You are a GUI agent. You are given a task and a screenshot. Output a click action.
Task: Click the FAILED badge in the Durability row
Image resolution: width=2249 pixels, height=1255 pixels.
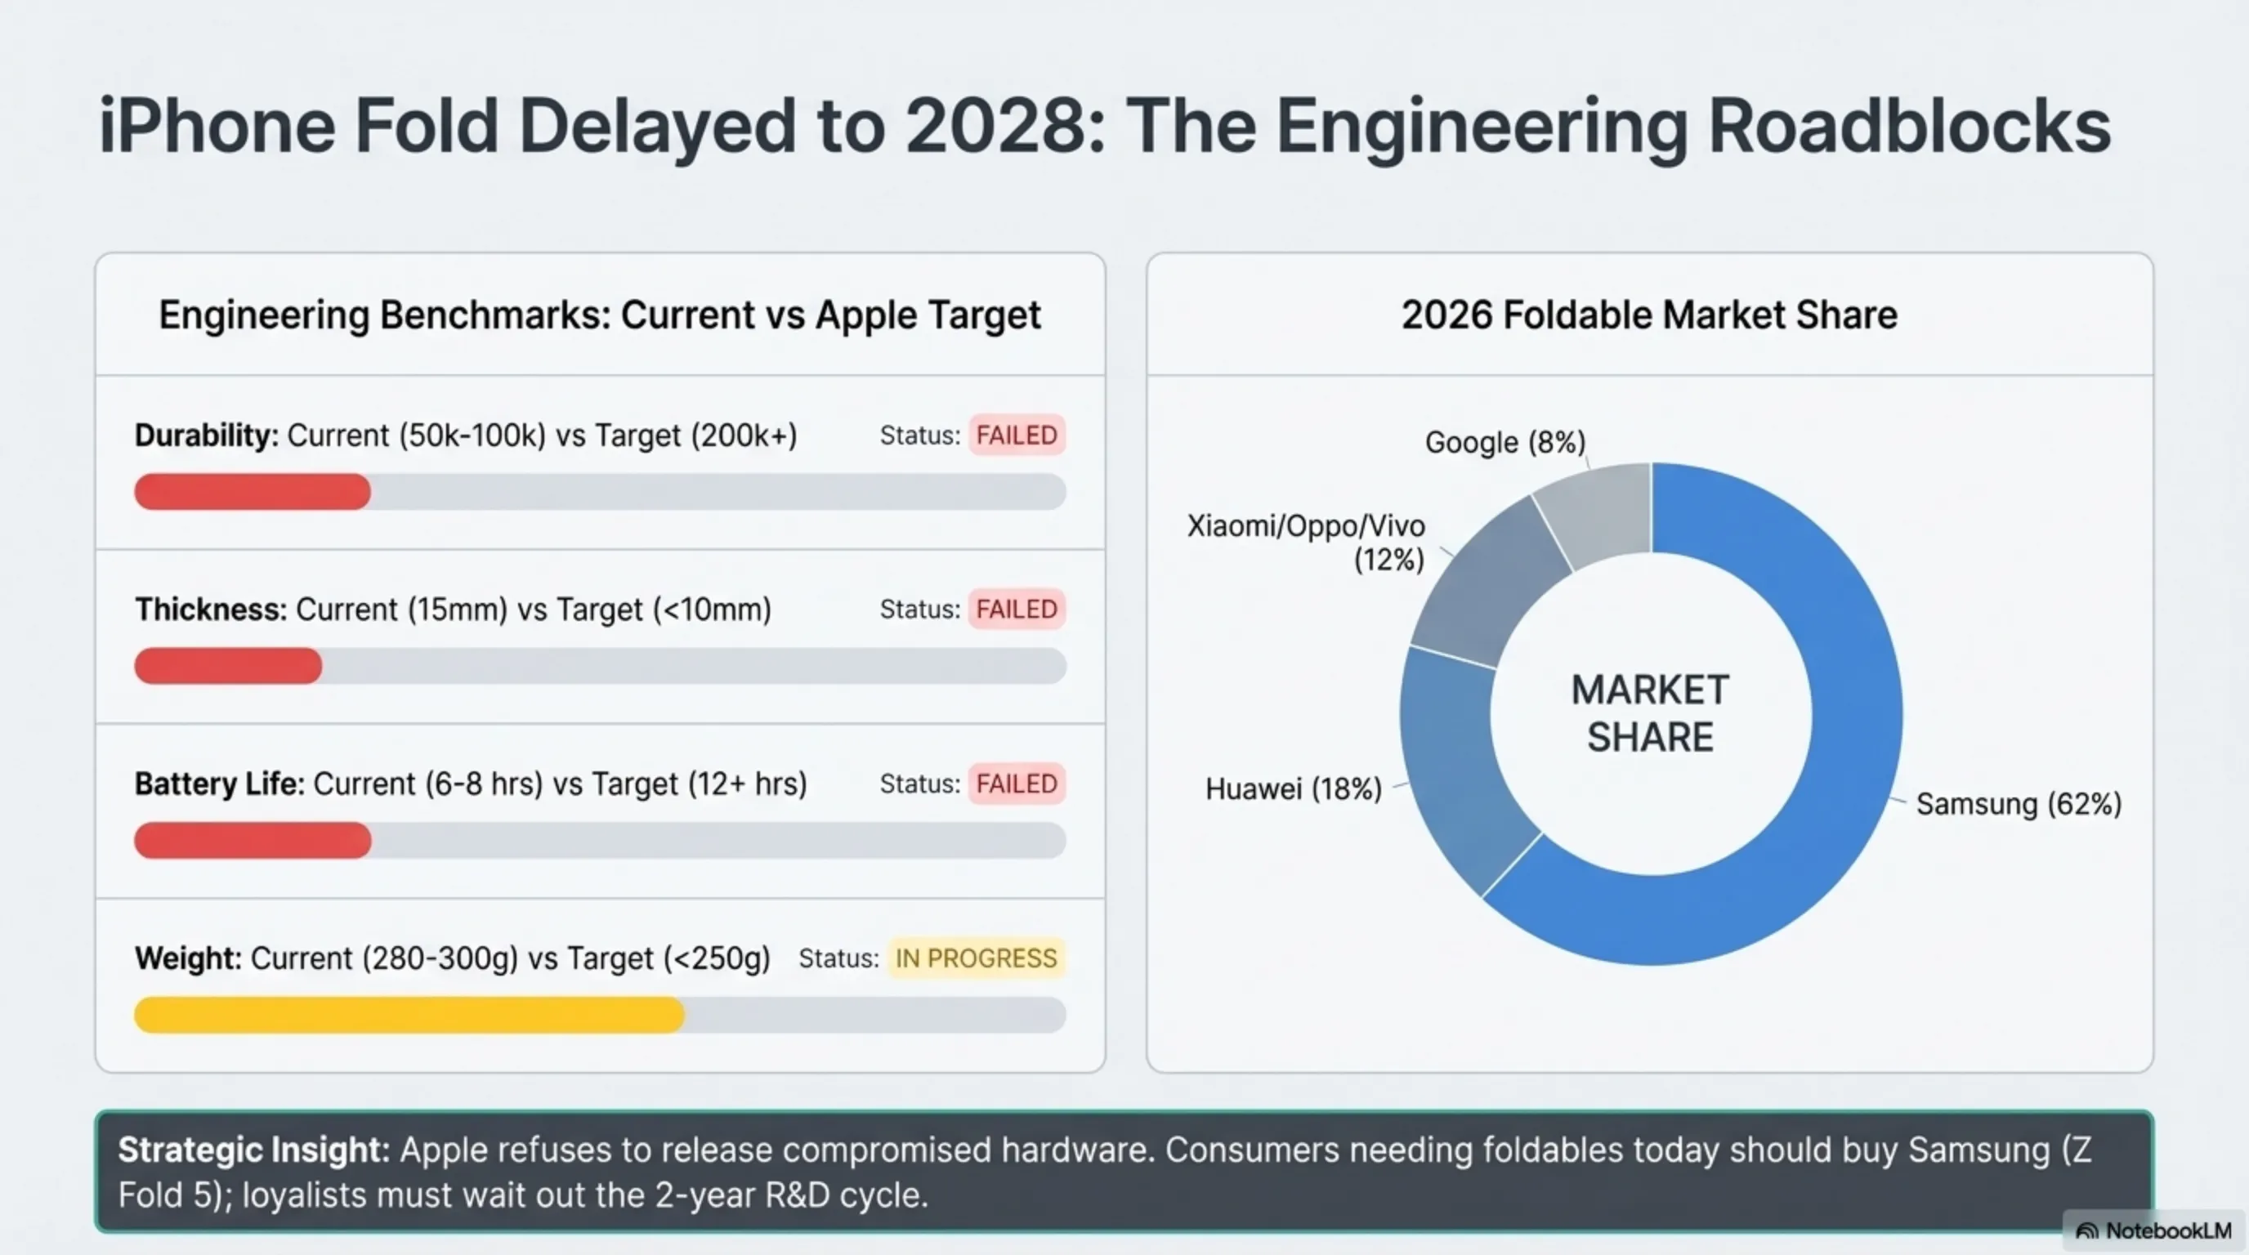1017,435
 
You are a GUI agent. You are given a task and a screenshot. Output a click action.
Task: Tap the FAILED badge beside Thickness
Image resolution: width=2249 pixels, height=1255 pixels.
1017,610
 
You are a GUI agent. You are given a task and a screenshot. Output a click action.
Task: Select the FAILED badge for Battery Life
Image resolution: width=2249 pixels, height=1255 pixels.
1017,784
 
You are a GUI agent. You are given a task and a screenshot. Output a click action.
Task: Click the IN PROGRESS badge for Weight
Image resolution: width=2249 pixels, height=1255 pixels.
975,958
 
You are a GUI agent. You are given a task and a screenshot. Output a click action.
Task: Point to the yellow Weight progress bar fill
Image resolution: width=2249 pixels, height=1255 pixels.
409,1015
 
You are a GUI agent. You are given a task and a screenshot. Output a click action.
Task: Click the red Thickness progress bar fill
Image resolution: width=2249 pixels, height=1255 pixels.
228,666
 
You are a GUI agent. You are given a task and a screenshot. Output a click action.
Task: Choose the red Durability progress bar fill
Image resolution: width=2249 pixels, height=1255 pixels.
253,492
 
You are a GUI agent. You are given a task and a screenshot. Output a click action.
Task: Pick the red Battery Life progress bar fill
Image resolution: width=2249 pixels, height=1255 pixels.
253,841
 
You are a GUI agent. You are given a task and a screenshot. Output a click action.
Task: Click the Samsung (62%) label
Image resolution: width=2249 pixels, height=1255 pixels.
2018,804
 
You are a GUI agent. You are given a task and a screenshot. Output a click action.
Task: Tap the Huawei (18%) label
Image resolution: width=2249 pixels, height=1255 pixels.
1293,789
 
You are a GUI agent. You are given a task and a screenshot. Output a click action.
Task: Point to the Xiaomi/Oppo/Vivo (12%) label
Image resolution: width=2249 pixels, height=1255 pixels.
1306,542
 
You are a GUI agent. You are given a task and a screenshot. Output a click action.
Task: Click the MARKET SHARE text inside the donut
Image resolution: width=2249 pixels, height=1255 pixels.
1649,714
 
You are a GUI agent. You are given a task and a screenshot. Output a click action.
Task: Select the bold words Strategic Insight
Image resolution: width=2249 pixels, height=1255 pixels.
253,1150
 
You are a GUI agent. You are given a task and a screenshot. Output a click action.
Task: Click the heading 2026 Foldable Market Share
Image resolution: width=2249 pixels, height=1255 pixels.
1649,315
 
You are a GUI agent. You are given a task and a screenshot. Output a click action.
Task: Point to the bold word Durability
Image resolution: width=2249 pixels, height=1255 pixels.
206,435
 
